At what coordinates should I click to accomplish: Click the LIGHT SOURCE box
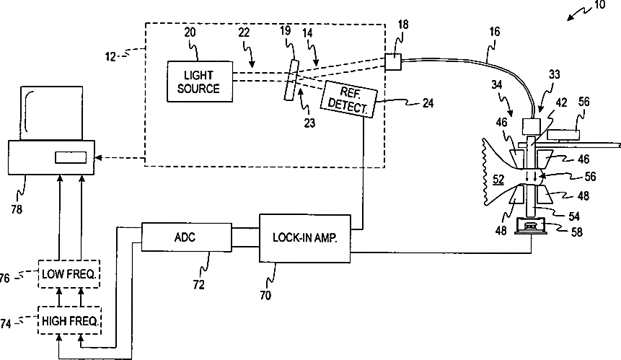pyautogui.click(x=200, y=82)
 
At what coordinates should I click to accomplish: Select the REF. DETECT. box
pyautogui.click(x=348, y=100)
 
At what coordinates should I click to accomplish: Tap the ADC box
pyautogui.click(x=187, y=237)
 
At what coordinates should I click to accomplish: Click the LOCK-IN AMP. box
pyautogui.click(x=305, y=238)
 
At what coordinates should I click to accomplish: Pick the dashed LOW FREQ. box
pyautogui.click(x=69, y=273)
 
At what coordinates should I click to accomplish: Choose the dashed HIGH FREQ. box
pyautogui.click(x=69, y=320)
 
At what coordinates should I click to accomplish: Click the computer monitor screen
pyautogui.click(x=51, y=113)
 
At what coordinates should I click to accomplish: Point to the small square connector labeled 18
pyautogui.click(x=393, y=62)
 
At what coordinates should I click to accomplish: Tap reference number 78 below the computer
pyautogui.click(x=17, y=208)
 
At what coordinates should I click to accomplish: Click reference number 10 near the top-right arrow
pyautogui.click(x=599, y=5)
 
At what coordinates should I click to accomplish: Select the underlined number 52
pyautogui.click(x=498, y=180)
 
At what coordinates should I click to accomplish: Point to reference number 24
pyautogui.click(x=428, y=103)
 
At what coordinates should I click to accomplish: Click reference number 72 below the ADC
pyautogui.click(x=199, y=284)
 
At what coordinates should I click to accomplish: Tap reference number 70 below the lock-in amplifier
pyautogui.click(x=265, y=295)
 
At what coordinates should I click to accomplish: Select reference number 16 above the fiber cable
pyautogui.click(x=495, y=31)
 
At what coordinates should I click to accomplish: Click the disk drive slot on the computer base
pyautogui.click(x=71, y=157)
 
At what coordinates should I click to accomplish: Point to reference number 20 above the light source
pyautogui.click(x=190, y=32)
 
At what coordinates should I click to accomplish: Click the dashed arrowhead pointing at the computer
pyautogui.click(x=97, y=158)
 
